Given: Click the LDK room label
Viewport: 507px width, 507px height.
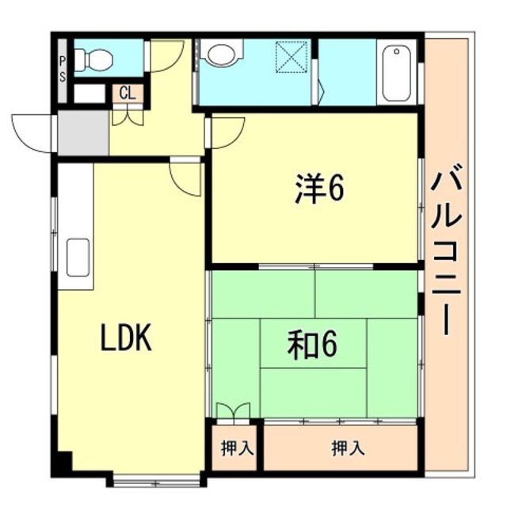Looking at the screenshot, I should point(125,339).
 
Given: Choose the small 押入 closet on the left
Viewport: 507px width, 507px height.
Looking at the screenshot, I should point(235,448).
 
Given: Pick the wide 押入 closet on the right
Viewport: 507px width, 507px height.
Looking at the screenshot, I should point(348,448).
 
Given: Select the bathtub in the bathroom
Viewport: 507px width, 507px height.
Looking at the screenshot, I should point(396,74).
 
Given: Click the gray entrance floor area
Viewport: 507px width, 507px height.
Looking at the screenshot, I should point(82,133).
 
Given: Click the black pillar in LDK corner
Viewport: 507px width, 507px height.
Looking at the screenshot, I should point(63,463).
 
